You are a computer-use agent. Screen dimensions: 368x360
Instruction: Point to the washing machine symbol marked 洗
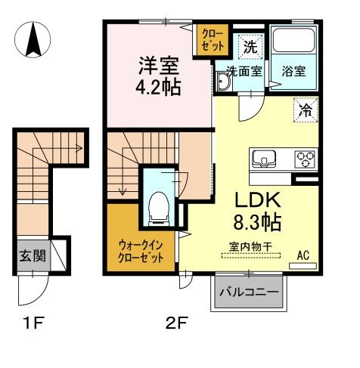(x=249, y=46)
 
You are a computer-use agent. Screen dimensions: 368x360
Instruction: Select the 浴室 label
(x=293, y=73)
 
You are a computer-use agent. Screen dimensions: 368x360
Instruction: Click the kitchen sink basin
(x=265, y=158)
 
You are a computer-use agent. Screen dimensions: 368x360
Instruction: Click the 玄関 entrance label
(x=31, y=255)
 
